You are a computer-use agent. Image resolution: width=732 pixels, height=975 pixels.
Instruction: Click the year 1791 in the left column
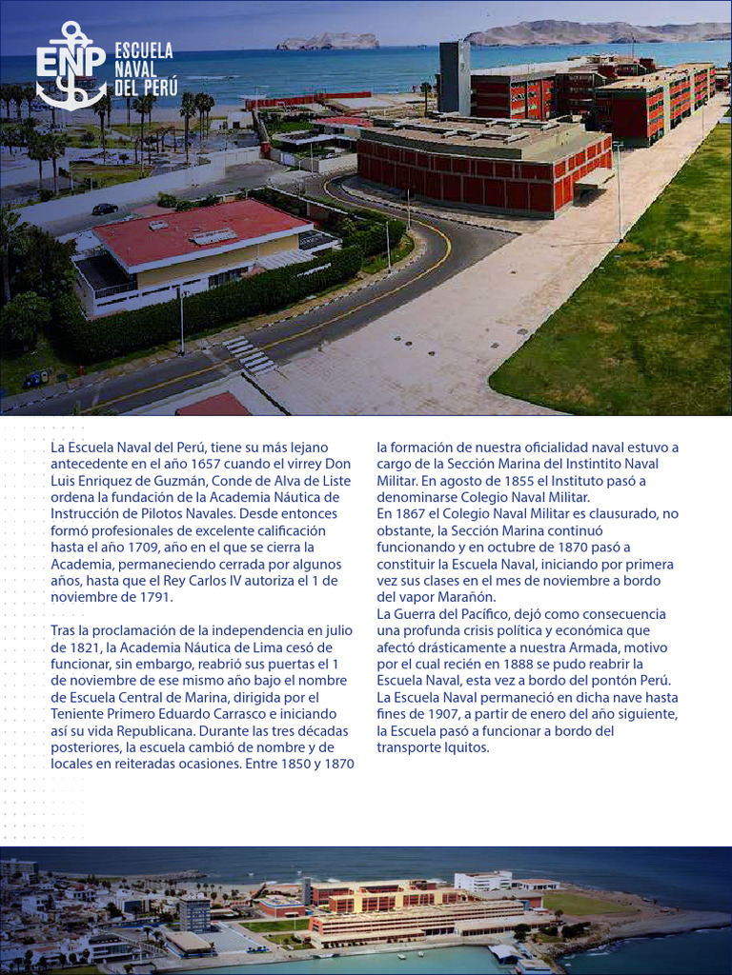153,597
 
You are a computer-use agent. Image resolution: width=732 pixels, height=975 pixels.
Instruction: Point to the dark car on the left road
105,209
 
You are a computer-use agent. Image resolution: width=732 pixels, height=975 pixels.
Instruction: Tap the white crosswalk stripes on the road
249,354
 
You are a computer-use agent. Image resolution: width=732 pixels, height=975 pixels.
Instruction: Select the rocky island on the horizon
327,42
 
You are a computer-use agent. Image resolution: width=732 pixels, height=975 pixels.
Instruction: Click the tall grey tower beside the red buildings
455,77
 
